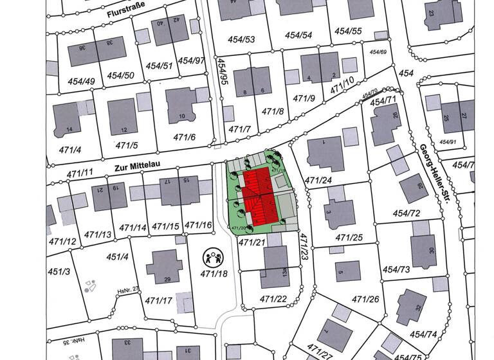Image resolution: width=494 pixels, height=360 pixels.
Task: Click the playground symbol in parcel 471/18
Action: [x=212, y=258]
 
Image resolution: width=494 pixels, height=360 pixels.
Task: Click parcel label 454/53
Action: [x=242, y=40]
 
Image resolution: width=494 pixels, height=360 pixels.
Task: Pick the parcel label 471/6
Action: [x=184, y=137]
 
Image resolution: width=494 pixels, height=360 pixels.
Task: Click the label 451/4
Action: [x=118, y=257]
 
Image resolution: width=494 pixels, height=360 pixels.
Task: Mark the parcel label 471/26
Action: [x=365, y=300]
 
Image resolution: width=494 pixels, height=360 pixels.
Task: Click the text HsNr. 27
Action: [x=128, y=290]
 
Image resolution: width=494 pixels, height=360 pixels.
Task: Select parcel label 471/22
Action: [x=273, y=299]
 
